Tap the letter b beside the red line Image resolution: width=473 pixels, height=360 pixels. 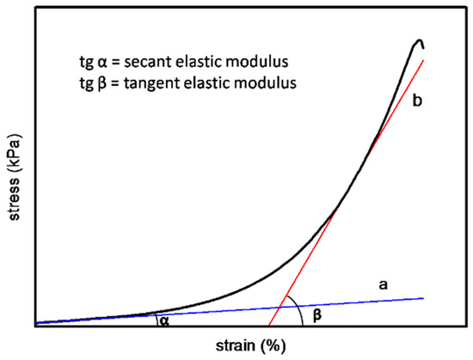click(x=440, y=101)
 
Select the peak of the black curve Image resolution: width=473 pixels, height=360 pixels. click(x=420, y=40)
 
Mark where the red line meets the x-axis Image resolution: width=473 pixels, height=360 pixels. click(x=269, y=326)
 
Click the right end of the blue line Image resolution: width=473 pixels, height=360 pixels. click(x=425, y=297)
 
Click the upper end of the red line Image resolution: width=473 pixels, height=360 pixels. click(x=425, y=58)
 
